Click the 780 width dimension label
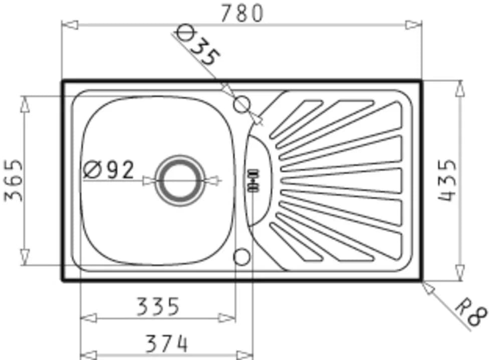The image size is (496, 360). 242,14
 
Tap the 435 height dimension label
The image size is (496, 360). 447,181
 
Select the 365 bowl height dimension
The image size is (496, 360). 14,181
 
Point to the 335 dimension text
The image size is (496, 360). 158,306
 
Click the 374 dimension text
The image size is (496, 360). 166,343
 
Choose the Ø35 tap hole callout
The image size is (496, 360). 198,46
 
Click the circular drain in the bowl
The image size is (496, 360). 180,181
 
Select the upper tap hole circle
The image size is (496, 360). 242,104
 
